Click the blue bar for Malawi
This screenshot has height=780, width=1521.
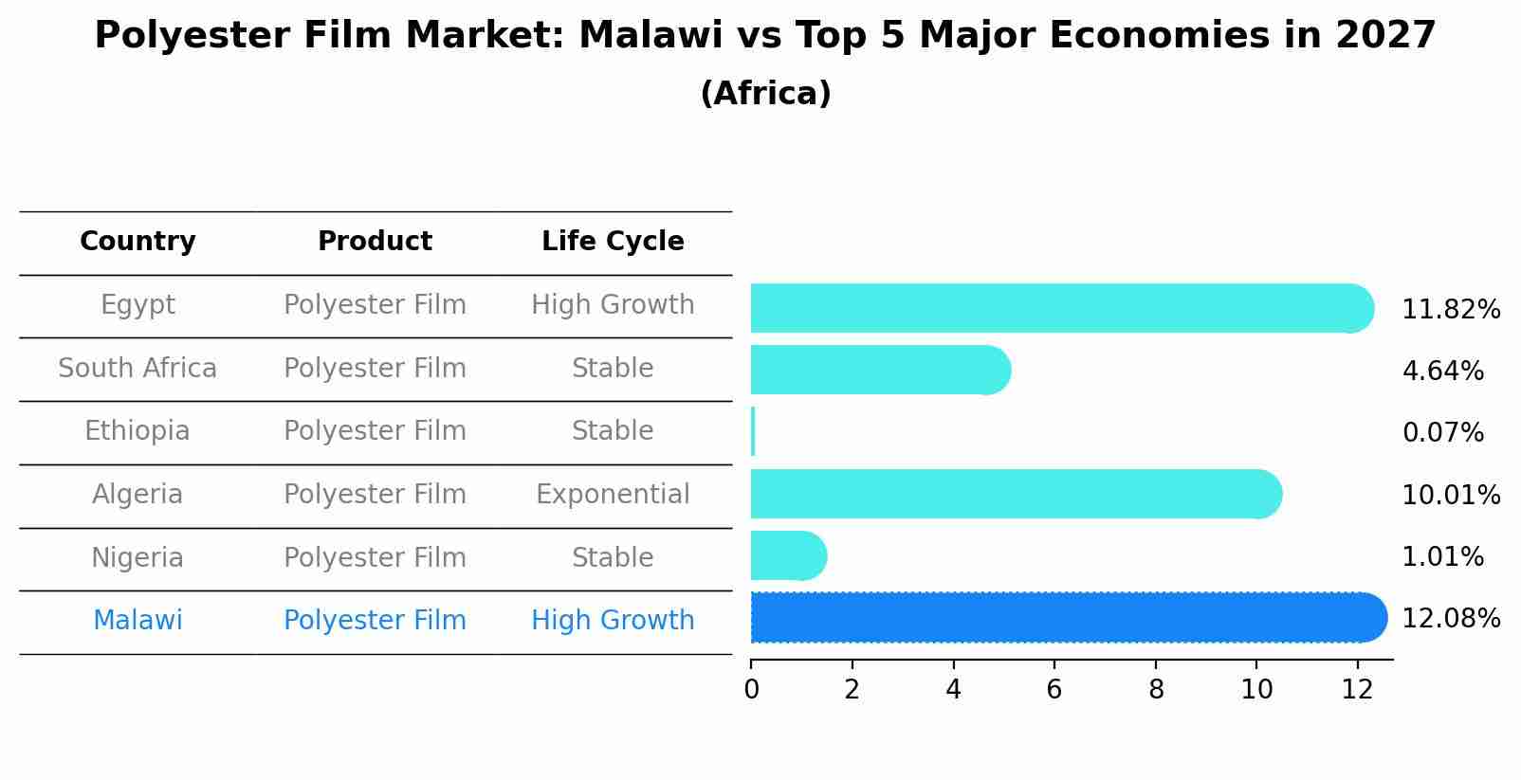point(1067,618)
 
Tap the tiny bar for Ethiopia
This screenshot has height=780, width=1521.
point(753,432)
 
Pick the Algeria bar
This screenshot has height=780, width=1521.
point(1015,494)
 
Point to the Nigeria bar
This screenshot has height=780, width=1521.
point(787,556)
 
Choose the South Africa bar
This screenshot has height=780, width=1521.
point(879,370)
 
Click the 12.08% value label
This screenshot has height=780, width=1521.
point(1451,619)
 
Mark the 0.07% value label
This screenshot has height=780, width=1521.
point(1442,433)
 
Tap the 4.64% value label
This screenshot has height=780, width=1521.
point(1442,372)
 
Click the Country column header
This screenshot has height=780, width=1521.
point(137,242)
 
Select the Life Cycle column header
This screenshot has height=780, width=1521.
point(613,242)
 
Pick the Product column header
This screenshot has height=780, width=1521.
point(375,242)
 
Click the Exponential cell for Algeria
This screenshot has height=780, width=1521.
point(613,495)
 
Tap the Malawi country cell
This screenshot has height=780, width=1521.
point(137,621)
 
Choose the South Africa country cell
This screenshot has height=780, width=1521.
point(137,369)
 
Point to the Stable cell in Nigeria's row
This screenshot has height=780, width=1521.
point(613,558)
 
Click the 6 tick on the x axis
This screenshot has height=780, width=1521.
point(1054,690)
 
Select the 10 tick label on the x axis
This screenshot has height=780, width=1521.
point(1256,690)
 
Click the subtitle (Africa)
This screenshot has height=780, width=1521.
point(765,94)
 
